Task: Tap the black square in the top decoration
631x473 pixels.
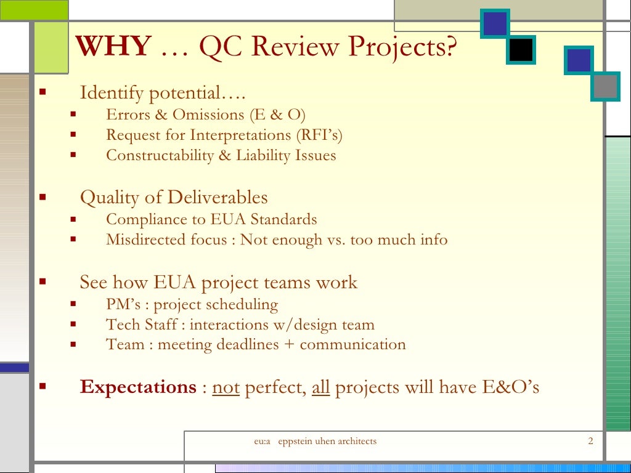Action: pyautogui.click(x=521, y=49)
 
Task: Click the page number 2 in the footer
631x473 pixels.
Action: pyautogui.click(x=590, y=441)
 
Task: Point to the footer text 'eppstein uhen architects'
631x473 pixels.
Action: pyautogui.click(x=327, y=441)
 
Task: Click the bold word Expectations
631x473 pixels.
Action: pyautogui.click(x=138, y=387)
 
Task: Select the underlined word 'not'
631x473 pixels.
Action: pyautogui.click(x=226, y=387)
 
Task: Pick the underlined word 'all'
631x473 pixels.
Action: pyautogui.click(x=321, y=387)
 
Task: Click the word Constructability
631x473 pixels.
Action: pyautogui.click(x=160, y=155)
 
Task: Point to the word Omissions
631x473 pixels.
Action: pyautogui.click(x=208, y=115)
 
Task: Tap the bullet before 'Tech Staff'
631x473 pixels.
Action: pyautogui.click(x=73, y=325)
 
